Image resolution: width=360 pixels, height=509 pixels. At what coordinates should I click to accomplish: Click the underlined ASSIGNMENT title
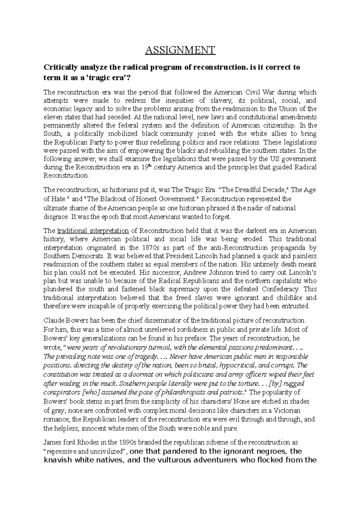[x=180, y=50]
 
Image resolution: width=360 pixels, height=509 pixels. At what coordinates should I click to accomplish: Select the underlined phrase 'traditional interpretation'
[x=93, y=231]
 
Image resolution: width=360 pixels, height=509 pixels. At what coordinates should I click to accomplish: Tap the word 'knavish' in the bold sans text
[x=58, y=460]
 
